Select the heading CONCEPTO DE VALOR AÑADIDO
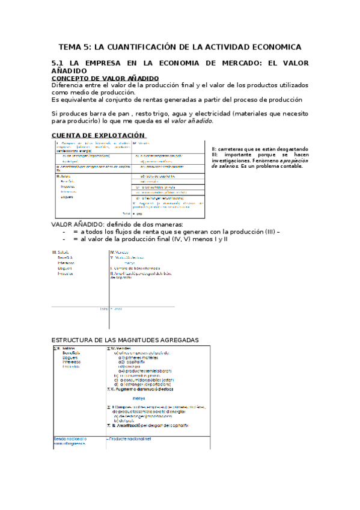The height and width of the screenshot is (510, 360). pyautogui.click(x=105, y=78)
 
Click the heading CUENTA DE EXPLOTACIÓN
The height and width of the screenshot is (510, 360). pyautogui.click(x=98, y=135)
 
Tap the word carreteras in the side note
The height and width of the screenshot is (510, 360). pyautogui.click(x=233, y=149)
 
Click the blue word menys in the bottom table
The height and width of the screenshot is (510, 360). pyautogui.click(x=139, y=398)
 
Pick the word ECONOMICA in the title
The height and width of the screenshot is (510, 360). pyautogui.click(x=275, y=46)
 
